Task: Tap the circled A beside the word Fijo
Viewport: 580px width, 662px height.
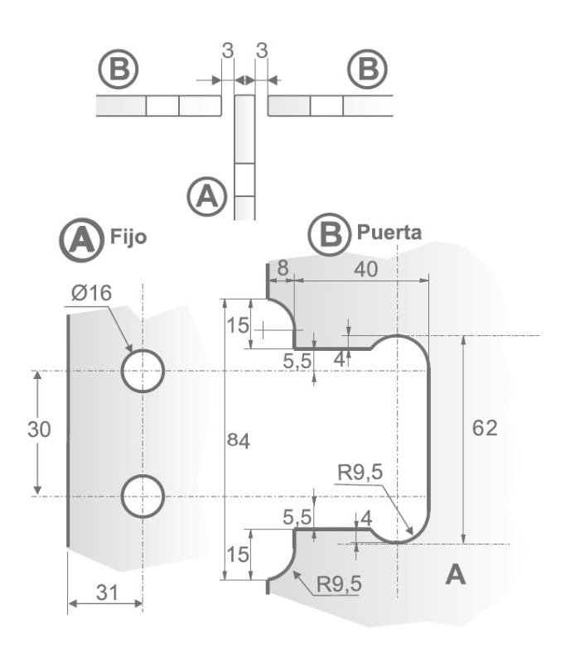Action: pos(81,239)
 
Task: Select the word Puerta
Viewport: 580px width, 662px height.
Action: pos(389,233)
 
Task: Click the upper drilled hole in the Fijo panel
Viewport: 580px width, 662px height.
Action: pos(143,370)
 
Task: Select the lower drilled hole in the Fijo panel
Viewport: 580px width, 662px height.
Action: pos(143,496)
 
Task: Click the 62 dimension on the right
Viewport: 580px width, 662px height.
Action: pos(486,429)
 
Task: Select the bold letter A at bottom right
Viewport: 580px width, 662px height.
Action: pos(455,573)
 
